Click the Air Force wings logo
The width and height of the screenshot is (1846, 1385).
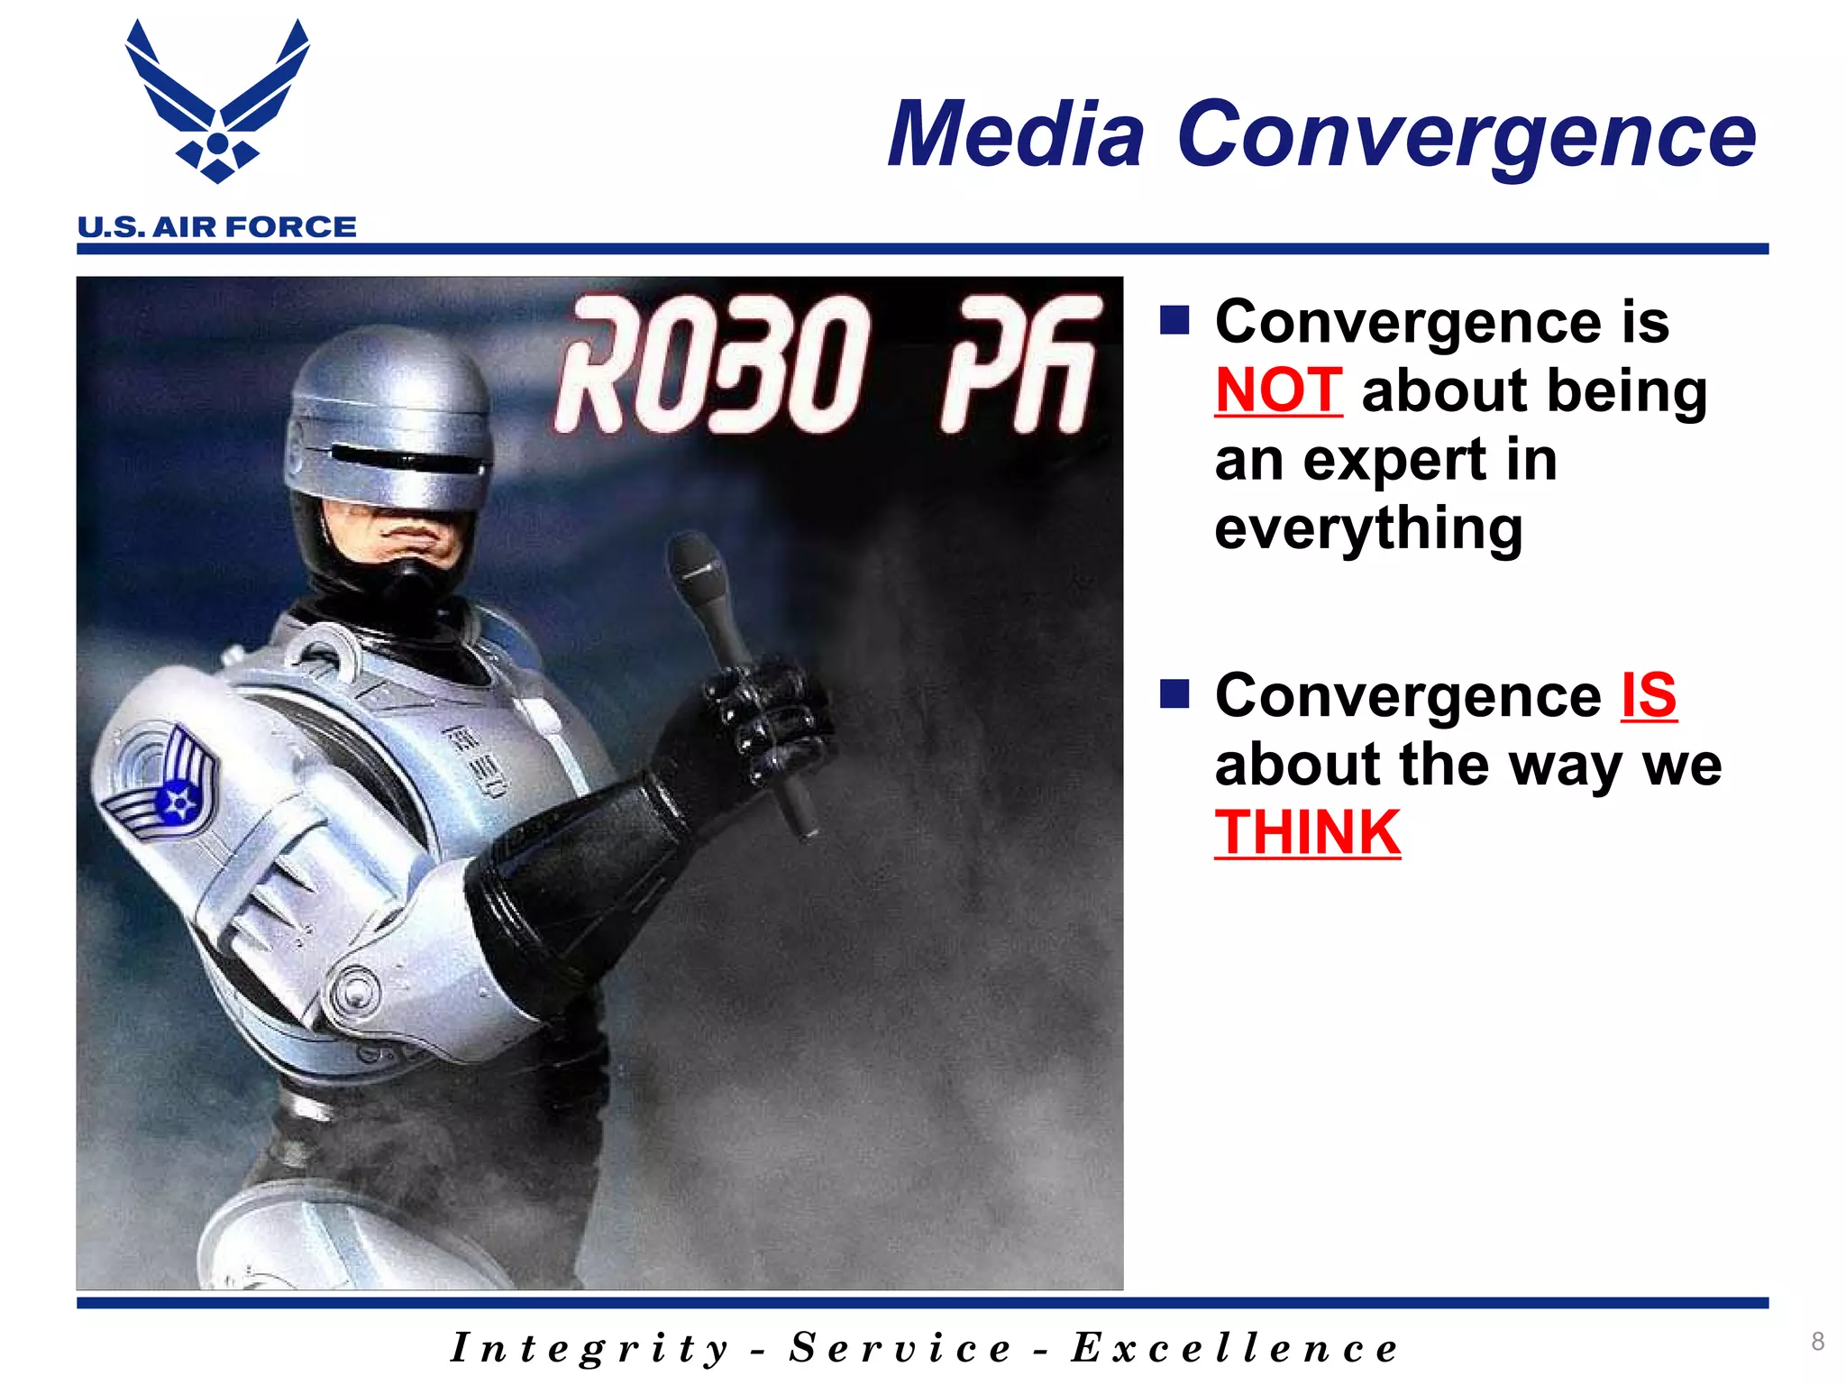217,104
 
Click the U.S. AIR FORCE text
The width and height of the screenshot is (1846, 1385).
217,227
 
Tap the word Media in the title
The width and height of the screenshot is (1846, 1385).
1016,135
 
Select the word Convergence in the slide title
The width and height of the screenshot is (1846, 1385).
1466,135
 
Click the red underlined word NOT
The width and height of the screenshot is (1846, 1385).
1278,391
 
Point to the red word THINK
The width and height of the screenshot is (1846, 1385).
1307,833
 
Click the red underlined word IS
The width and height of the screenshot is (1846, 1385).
1648,696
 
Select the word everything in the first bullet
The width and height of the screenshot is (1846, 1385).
1368,528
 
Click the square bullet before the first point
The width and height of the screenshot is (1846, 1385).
1174,319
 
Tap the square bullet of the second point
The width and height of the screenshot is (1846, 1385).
1174,693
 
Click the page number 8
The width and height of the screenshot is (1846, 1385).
1817,1341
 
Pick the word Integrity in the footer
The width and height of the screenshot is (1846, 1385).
589,1349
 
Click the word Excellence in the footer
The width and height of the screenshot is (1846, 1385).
1234,1349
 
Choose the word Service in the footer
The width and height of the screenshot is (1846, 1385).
900,1349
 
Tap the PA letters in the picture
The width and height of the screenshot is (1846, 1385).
1019,366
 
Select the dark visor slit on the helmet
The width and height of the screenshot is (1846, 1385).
406,458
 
